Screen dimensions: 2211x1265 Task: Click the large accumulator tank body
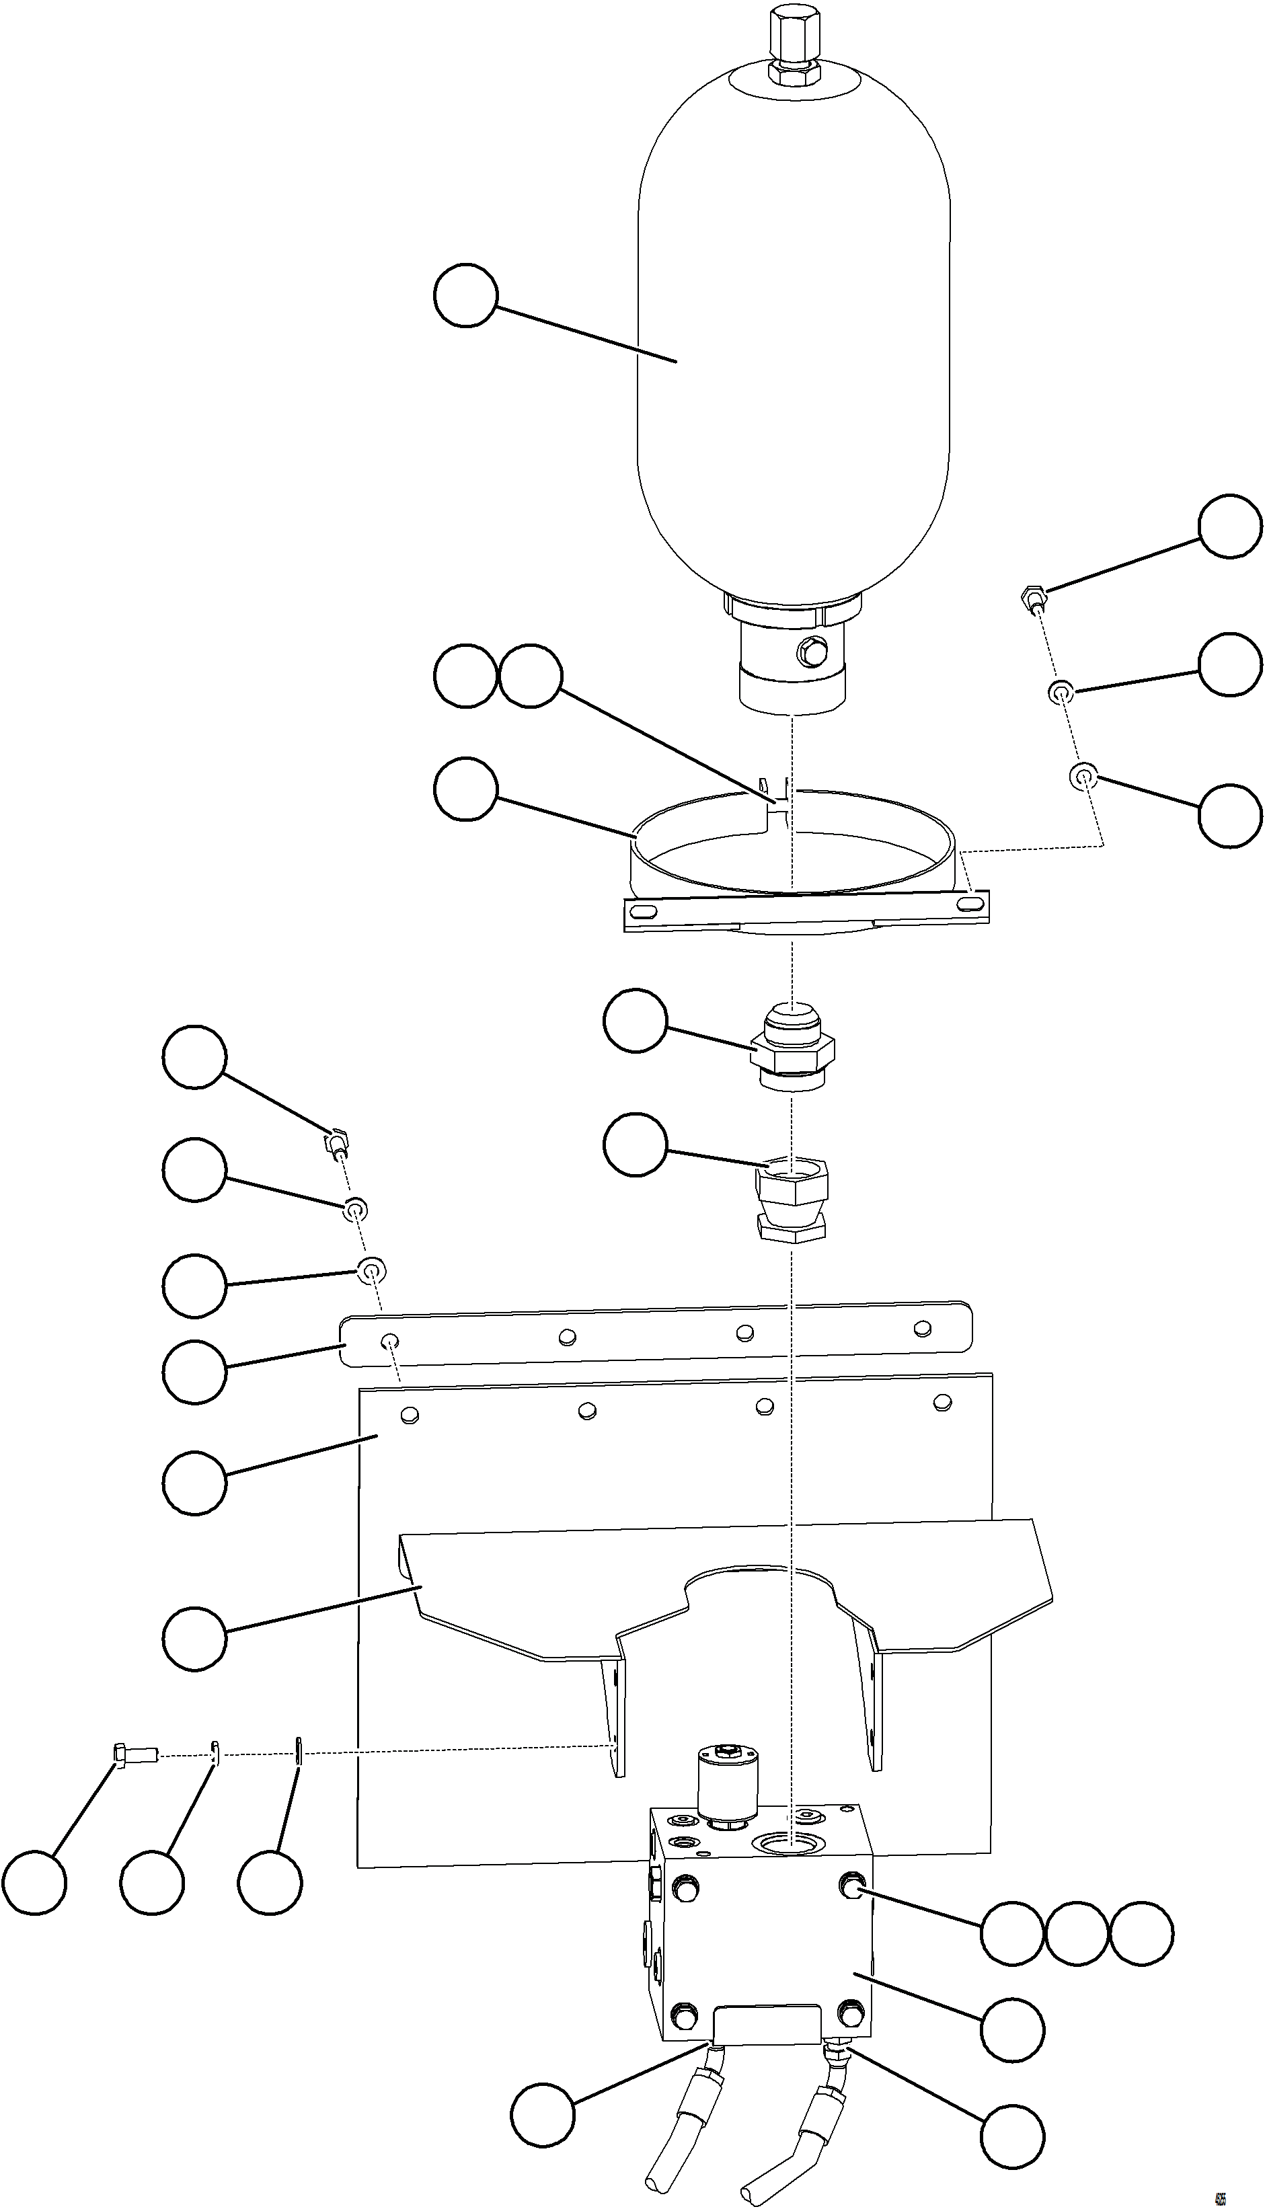pyautogui.click(x=794, y=348)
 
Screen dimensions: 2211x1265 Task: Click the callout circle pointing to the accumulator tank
pyautogui.click(x=465, y=295)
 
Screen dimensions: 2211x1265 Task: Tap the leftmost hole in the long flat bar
pyautogui.click(x=389, y=1343)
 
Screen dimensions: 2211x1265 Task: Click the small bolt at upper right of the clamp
pyautogui.click(x=1030, y=598)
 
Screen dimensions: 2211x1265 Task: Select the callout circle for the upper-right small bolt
pyautogui.click(x=1229, y=527)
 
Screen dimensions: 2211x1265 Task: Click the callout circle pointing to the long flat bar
pyautogui.click(x=194, y=1371)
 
